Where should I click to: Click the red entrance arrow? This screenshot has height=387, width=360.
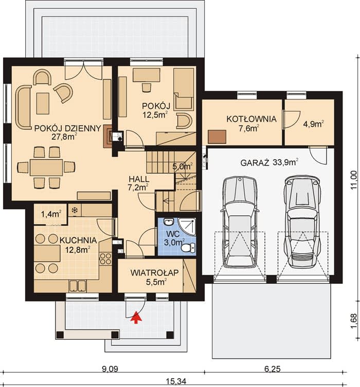[x=136, y=317]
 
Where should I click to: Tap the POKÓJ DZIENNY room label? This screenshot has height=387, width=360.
[x=68, y=128]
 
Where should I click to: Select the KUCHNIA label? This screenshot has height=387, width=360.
[x=78, y=240]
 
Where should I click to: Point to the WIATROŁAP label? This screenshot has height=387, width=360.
[x=155, y=273]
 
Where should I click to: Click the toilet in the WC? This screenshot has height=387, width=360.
[x=188, y=248]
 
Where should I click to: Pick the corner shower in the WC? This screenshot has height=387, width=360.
[x=187, y=226]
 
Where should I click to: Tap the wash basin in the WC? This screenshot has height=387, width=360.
[x=169, y=222]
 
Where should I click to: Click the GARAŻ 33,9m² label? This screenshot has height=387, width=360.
[x=269, y=162]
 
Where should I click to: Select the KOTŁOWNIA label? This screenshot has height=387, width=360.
[x=251, y=119]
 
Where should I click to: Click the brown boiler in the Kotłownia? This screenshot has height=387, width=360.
[x=217, y=137]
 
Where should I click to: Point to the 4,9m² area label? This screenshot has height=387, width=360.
[x=314, y=124]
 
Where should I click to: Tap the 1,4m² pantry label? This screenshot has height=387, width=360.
[x=51, y=214]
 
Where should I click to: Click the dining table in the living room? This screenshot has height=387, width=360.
[x=46, y=168]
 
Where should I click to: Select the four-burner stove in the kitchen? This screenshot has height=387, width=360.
[x=105, y=259]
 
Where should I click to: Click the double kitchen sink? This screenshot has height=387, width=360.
[x=78, y=286]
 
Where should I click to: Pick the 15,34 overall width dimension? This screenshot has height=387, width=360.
[x=176, y=381]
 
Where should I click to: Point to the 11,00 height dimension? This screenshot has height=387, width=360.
[x=354, y=179]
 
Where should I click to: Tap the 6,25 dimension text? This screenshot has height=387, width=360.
[x=273, y=369]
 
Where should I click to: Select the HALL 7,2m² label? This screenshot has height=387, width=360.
[x=139, y=183]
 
